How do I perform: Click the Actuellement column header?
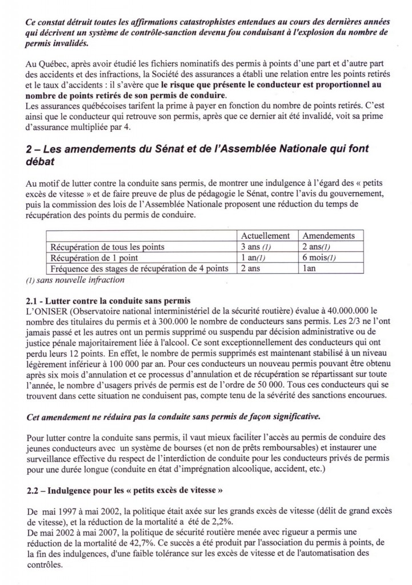click(265, 235)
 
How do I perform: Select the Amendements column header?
click(329, 235)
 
